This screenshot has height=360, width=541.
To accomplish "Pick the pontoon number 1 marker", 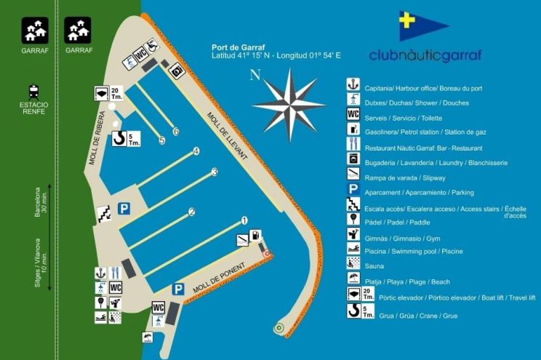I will pos(244,220).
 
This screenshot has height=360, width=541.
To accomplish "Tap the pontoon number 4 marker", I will pos(196,151).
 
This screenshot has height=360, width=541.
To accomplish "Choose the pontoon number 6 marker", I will pos(176,132).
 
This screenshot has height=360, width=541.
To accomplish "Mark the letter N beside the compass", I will pos(254,74).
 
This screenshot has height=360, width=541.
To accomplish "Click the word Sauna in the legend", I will pos(374,266).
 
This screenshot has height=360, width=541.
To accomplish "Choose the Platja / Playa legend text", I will pos(407,281).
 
